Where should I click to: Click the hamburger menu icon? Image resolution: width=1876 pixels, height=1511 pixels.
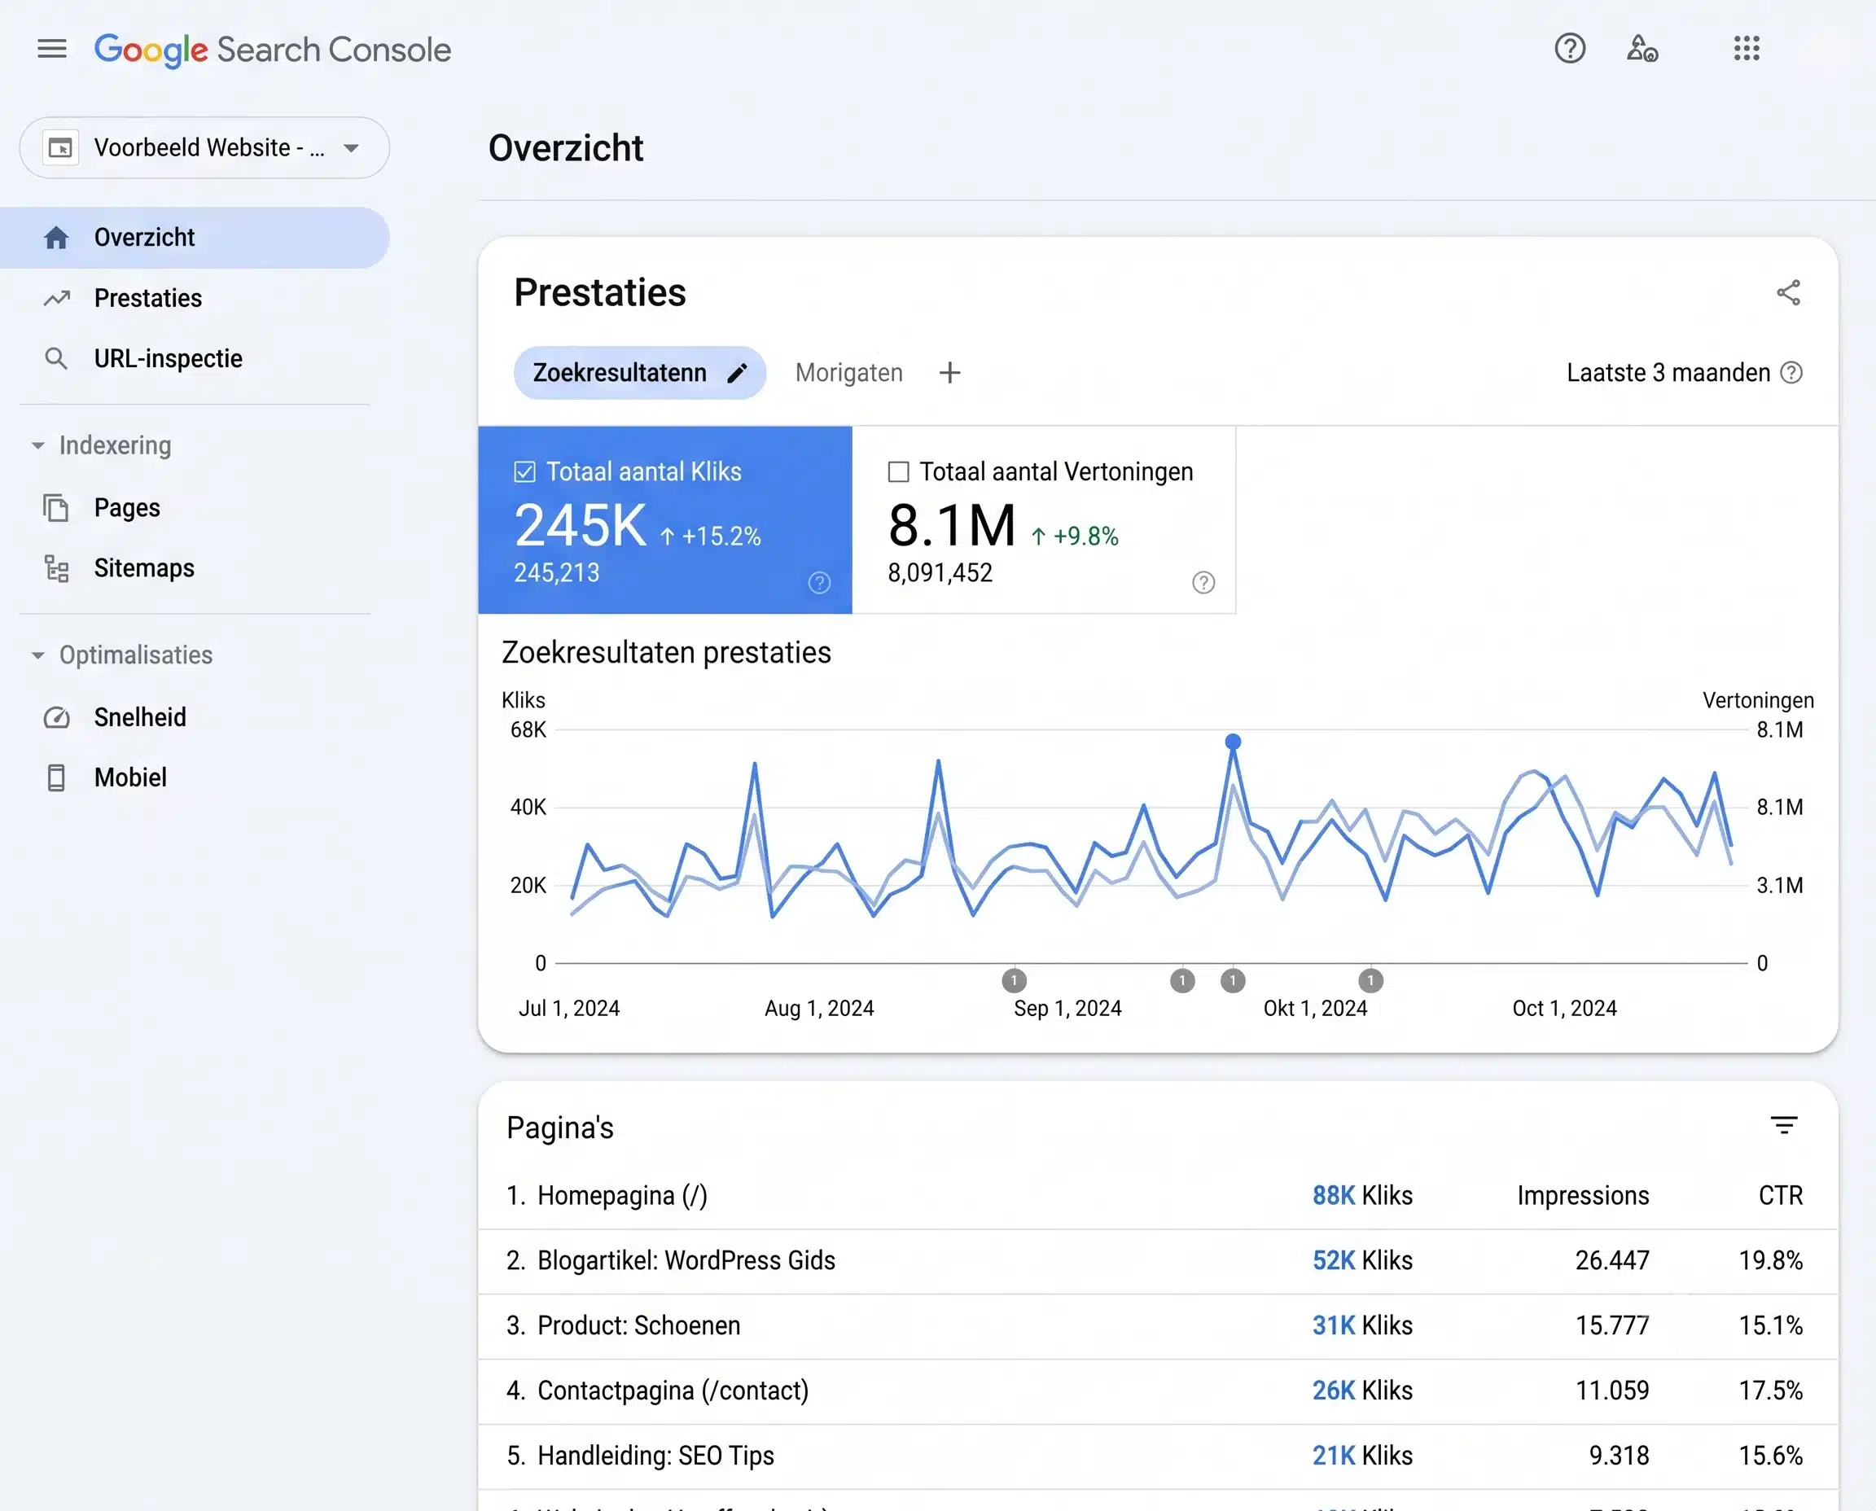[52, 49]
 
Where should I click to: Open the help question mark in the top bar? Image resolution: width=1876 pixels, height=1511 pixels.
[1570, 49]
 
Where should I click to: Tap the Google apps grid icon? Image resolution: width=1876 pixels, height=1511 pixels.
[1747, 49]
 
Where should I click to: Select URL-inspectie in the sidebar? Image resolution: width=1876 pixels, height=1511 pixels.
[168, 358]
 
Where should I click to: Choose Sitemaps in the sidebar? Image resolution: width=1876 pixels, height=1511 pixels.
[143, 568]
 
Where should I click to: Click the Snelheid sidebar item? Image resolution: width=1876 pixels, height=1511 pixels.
[140, 717]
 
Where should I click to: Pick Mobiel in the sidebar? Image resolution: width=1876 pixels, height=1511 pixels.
[130, 777]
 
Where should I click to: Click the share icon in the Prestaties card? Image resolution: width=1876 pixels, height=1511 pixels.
[1788, 292]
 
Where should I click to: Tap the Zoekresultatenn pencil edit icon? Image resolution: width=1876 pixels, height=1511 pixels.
[738, 374]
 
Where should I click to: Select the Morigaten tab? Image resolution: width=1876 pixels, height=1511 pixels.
[848, 374]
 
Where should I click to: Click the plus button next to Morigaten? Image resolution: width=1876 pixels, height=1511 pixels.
[949, 374]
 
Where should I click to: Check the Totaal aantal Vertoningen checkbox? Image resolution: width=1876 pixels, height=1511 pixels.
[898, 471]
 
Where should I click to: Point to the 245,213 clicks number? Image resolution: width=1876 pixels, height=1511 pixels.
[556, 572]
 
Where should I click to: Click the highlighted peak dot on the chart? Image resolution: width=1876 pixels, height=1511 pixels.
[1233, 742]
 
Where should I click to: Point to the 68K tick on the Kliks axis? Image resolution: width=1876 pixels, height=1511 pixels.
[528, 729]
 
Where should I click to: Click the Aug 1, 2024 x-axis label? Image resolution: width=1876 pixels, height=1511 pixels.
[819, 1008]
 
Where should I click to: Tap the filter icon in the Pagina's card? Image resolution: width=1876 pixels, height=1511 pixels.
[1784, 1125]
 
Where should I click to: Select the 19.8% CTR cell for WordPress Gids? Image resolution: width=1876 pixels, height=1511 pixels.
[1771, 1260]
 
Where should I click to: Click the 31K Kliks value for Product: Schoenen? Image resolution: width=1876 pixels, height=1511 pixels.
[1362, 1325]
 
